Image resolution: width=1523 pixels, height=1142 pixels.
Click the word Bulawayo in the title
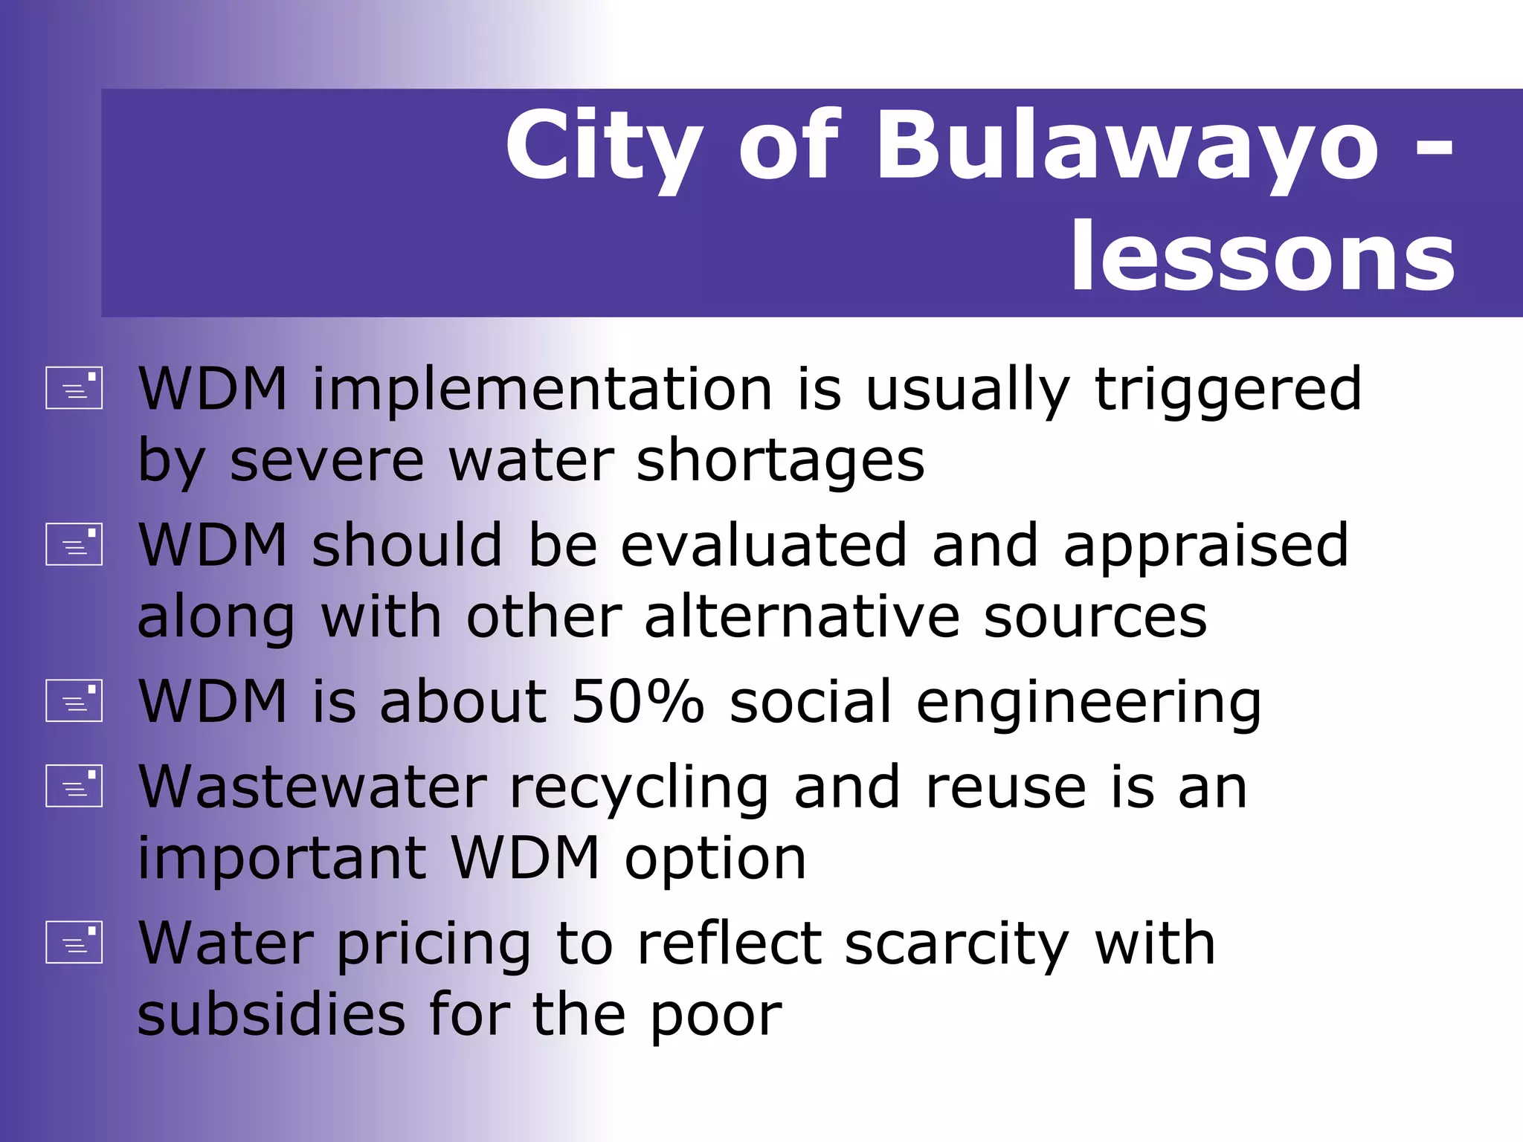pos(1127,146)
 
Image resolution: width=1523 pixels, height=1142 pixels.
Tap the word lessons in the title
pos(1262,257)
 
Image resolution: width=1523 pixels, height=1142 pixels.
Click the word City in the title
pos(603,147)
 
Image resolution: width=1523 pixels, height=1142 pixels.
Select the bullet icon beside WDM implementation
pos(74,387)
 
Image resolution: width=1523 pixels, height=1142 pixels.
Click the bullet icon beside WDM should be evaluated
pos(74,544)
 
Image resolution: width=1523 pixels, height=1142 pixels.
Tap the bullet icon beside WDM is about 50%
pos(74,700)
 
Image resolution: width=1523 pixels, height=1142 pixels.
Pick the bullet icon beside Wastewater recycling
pos(74,786)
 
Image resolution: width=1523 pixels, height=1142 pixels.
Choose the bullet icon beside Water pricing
pos(74,942)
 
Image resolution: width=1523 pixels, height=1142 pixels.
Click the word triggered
pos(1228,391)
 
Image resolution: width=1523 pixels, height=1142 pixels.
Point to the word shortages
pos(780,462)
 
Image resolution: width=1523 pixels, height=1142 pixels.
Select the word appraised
pos(1205,546)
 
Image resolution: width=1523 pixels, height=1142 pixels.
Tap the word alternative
pos(802,617)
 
